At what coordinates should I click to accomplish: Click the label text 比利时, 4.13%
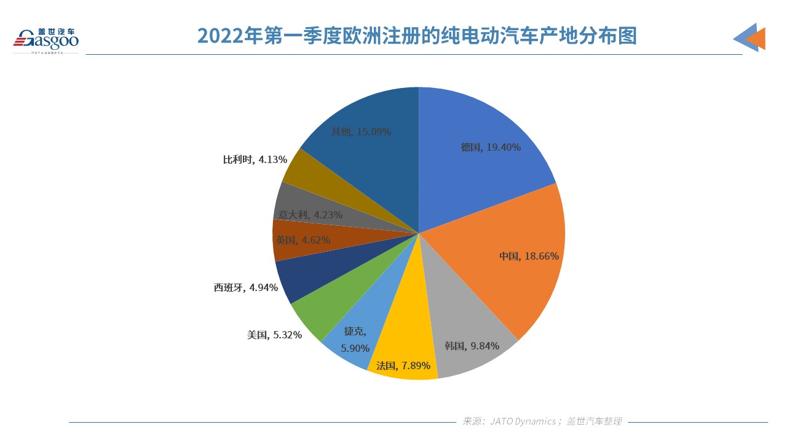pyautogui.click(x=255, y=159)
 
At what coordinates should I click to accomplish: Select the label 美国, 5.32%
pyautogui.click(x=274, y=335)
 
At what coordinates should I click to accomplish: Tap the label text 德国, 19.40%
pyautogui.click(x=491, y=147)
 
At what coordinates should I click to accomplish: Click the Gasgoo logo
pyautogui.click(x=46, y=39)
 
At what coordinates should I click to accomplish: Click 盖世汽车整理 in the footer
pyautogui.click(x=594, y=421)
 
